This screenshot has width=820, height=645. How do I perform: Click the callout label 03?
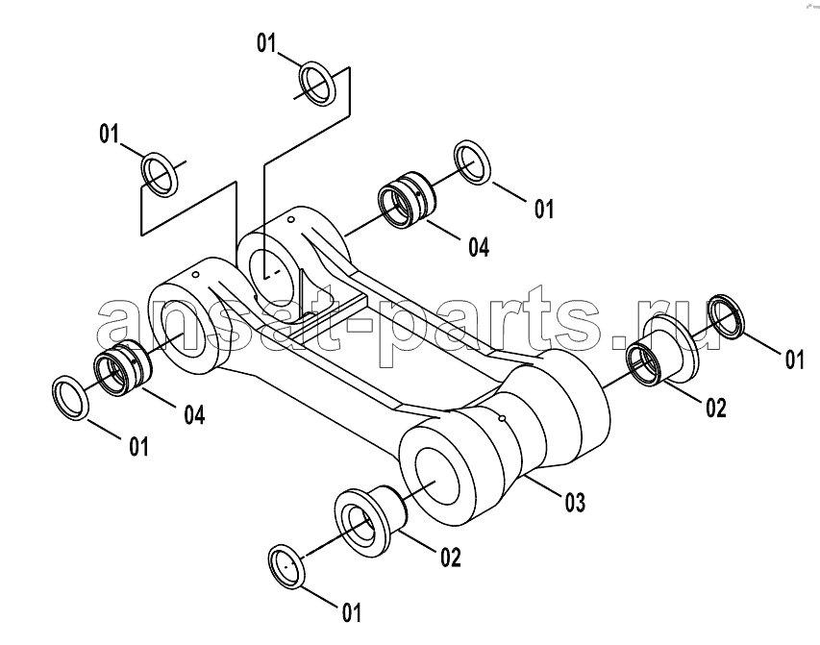click(x=575, y=502)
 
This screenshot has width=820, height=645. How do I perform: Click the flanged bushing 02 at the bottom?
click(x=369, y=514)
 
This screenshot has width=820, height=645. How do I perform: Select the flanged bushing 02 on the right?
click(x=661, y=348)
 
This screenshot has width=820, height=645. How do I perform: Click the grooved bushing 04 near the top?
click(x=406, y=199)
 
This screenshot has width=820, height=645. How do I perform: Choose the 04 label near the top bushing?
click(x=479, y=247)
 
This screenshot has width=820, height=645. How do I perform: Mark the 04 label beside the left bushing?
click(x=194, y=414)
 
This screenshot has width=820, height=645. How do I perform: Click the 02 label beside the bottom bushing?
click(x=451, y=558)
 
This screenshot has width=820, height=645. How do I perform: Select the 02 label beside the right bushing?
click(x=716, y=408)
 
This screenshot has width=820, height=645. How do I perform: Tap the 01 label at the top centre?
click(x=266, y=43)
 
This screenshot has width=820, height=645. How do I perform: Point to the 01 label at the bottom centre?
click(x=352, y=612)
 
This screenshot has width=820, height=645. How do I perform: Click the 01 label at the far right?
click(x=794, y=360)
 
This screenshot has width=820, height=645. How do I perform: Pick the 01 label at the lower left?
click(x=139, y=447)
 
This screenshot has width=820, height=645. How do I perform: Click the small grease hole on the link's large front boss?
click(x=502, y=418)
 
